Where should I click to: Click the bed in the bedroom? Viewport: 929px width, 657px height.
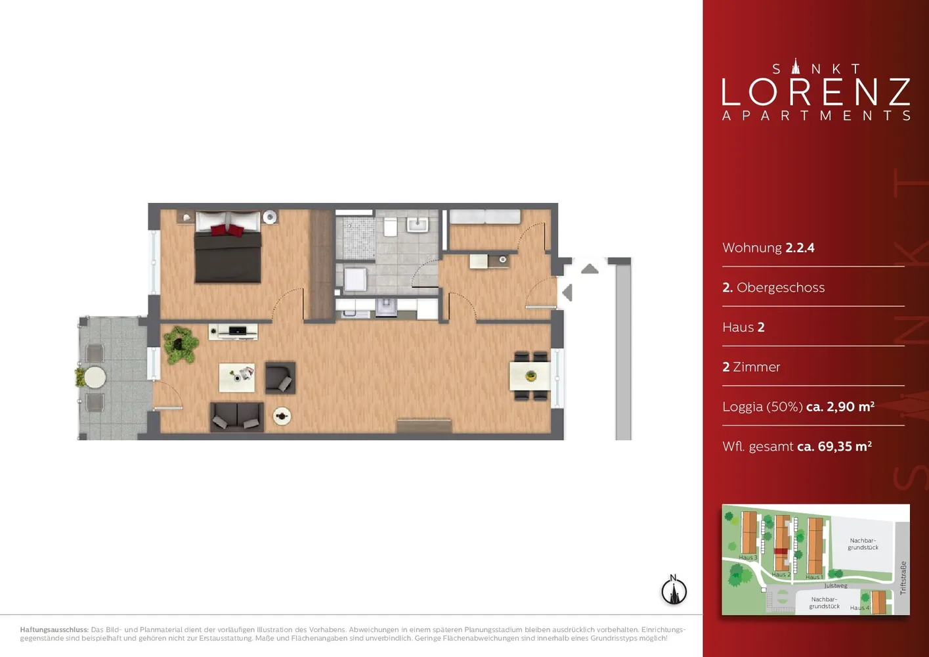tap(228, 247)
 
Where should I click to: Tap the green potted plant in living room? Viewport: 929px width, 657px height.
tap(181, 344)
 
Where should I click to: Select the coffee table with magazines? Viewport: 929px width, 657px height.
tap(237, 377)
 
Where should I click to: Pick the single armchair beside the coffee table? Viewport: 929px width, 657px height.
tap(280, 378)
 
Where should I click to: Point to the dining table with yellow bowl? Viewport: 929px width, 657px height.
tap(530, 376)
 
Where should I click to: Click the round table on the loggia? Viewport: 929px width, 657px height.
tap(95, 377)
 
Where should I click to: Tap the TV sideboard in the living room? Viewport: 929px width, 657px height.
tap(233, 332)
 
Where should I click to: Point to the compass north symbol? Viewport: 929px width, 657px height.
tap(674, 590)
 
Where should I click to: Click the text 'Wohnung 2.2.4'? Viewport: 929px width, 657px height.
tap(768, 248)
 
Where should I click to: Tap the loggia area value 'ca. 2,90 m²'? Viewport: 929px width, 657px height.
tap(840, 406)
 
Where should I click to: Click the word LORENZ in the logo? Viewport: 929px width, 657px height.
tap(816, 92)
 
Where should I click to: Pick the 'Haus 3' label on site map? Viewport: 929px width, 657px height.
tap(748, 557)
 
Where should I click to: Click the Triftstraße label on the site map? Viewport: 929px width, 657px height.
tap(903, 578)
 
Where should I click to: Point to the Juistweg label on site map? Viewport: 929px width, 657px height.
tap(836, 585)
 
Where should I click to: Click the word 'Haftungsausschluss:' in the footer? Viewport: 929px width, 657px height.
tap(54, 629)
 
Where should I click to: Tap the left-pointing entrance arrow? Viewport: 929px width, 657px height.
tap(567, 292)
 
